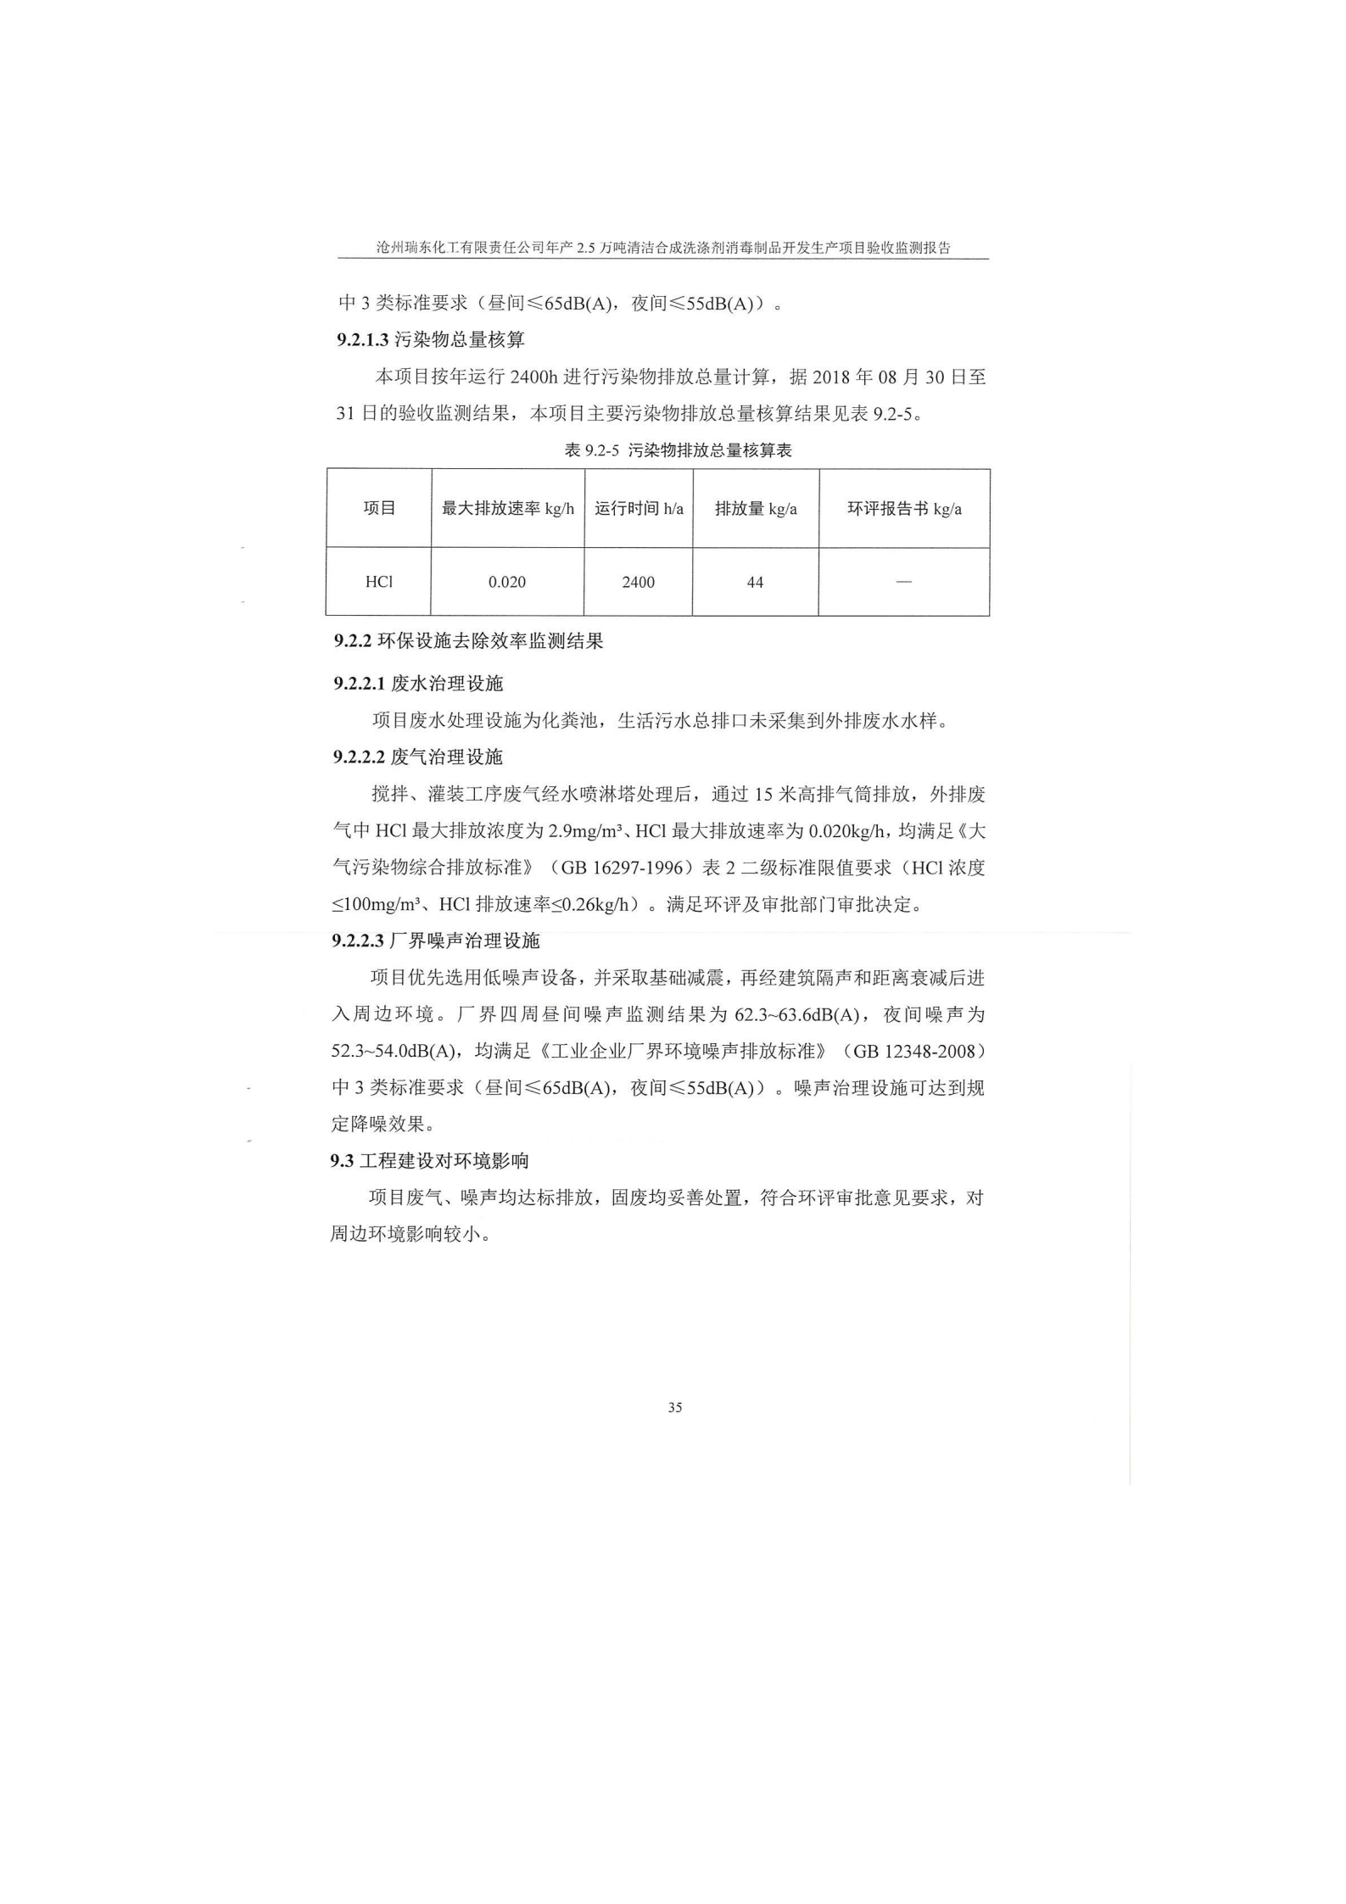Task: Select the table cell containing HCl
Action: pos(378,582)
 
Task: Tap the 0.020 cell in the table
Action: pos(506,583)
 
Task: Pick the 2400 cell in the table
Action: pos(638,583)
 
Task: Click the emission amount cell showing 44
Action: pos(755,583)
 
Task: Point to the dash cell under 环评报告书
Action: pos(903,582)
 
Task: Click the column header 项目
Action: pos(379,508)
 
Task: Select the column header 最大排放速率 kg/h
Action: pos(507,509)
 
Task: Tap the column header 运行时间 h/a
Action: pos(638,509)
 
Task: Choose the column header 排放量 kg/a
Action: pos(755,509)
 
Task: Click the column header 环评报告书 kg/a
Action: pos(904,509)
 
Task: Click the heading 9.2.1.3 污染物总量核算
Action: pos(431,340)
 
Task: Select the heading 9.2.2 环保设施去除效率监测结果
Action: pos(468,641)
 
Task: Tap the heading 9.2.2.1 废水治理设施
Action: pos(418,684)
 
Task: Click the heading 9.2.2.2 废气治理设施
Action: pos(418,757)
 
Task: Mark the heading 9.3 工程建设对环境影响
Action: pos(429,1161)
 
